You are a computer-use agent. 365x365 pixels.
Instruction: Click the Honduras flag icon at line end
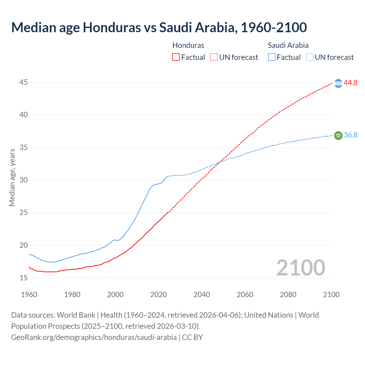tap(338, 83)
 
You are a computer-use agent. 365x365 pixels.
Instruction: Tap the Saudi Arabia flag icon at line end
tap(338, 135)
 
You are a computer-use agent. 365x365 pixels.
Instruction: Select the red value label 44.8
tap(350, 83)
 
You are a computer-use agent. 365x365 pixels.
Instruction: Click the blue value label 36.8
tap(350, 135)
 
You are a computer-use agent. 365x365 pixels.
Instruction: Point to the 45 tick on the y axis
tap(23, 82)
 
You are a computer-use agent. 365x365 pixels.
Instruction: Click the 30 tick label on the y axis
tap(23, 180)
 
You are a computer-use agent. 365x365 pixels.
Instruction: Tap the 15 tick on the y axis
tap(23, 278)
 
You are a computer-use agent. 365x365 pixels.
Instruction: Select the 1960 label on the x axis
tap(29, 295)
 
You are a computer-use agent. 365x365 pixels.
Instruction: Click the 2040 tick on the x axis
tap(202, 295)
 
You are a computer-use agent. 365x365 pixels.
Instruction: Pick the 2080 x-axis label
tap(288, 295)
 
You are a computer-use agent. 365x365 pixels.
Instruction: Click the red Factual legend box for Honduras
tap(176, 57)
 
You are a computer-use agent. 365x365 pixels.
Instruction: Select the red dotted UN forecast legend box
tap(214, 57)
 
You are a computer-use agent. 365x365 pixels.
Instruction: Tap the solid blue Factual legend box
tap(272, 57)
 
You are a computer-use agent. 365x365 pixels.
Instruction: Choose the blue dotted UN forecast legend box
tap(310, 57)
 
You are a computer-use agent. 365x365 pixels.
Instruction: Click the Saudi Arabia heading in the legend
tap(288, 45)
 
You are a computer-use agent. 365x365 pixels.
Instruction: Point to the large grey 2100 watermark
tap(301, 267)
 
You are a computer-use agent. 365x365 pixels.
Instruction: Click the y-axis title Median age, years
tap(12, 177)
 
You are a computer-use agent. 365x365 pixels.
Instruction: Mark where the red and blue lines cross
tap(220, 162)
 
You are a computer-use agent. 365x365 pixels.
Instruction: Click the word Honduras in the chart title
tap(112, 27)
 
